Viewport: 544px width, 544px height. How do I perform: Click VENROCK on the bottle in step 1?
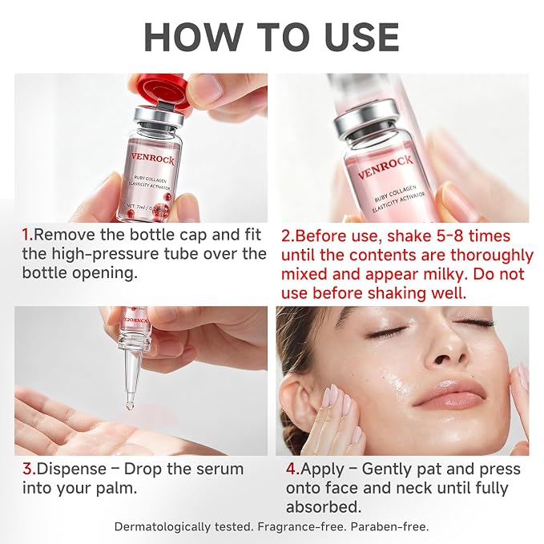pyautogui.click(x=153, y=160)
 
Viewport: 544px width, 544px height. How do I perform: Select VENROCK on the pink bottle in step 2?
pyautogui.click(x=385, y=167)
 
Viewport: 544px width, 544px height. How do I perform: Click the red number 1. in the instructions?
pyautogui.click(x=28, y=235)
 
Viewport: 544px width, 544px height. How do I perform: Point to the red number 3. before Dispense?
pyautogui.click(x=30, y=469)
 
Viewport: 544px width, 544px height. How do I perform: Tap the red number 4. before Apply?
pyautogui.click(x=293, y=469)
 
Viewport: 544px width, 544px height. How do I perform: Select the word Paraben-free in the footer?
pyautogui.click(x=389, y=526)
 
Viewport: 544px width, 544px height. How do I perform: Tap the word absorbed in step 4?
pyautogui.click(x=324, y=507)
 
